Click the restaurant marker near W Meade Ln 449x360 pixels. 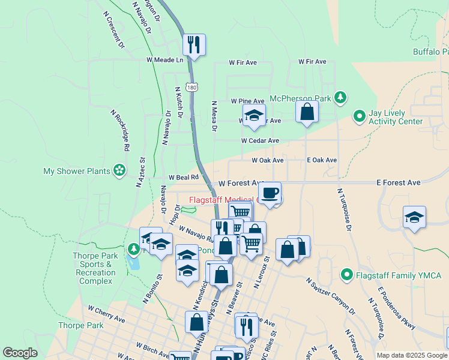193,45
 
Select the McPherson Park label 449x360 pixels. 301,98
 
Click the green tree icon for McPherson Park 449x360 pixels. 341,97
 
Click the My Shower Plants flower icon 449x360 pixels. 119,171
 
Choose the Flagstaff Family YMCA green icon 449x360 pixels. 346,275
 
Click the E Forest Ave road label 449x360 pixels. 398,182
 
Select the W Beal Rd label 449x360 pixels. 183,178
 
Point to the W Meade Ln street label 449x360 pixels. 164,60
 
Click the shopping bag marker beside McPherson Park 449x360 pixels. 307,112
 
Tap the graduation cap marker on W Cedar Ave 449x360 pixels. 254,115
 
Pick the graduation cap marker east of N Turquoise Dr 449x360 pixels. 414,217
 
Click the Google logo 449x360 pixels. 20,353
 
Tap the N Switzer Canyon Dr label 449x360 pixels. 330,296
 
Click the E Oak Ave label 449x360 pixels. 322,160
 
